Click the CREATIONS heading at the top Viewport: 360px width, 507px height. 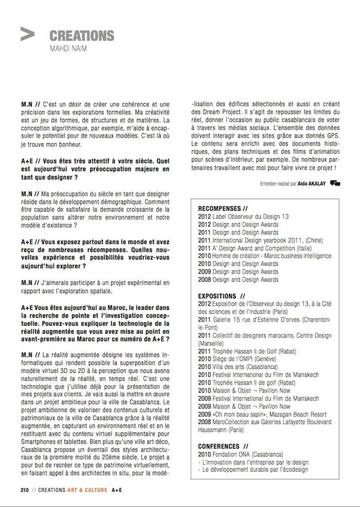tap(82, 36)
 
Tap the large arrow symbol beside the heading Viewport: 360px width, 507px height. tap(28, 34)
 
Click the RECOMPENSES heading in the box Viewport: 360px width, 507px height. tap(223, 209)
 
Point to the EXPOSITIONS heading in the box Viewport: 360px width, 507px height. tap(221, 296)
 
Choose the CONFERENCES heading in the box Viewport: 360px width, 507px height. tap(223, 446)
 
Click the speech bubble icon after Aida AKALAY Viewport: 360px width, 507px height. tap(335, 183)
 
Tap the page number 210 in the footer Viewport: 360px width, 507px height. tap(25, 490)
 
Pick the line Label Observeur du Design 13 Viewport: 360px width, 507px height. tap(243, 216)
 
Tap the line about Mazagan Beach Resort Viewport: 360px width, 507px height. tap(262, 414)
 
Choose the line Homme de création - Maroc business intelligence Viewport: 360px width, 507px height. tap(265, 256)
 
